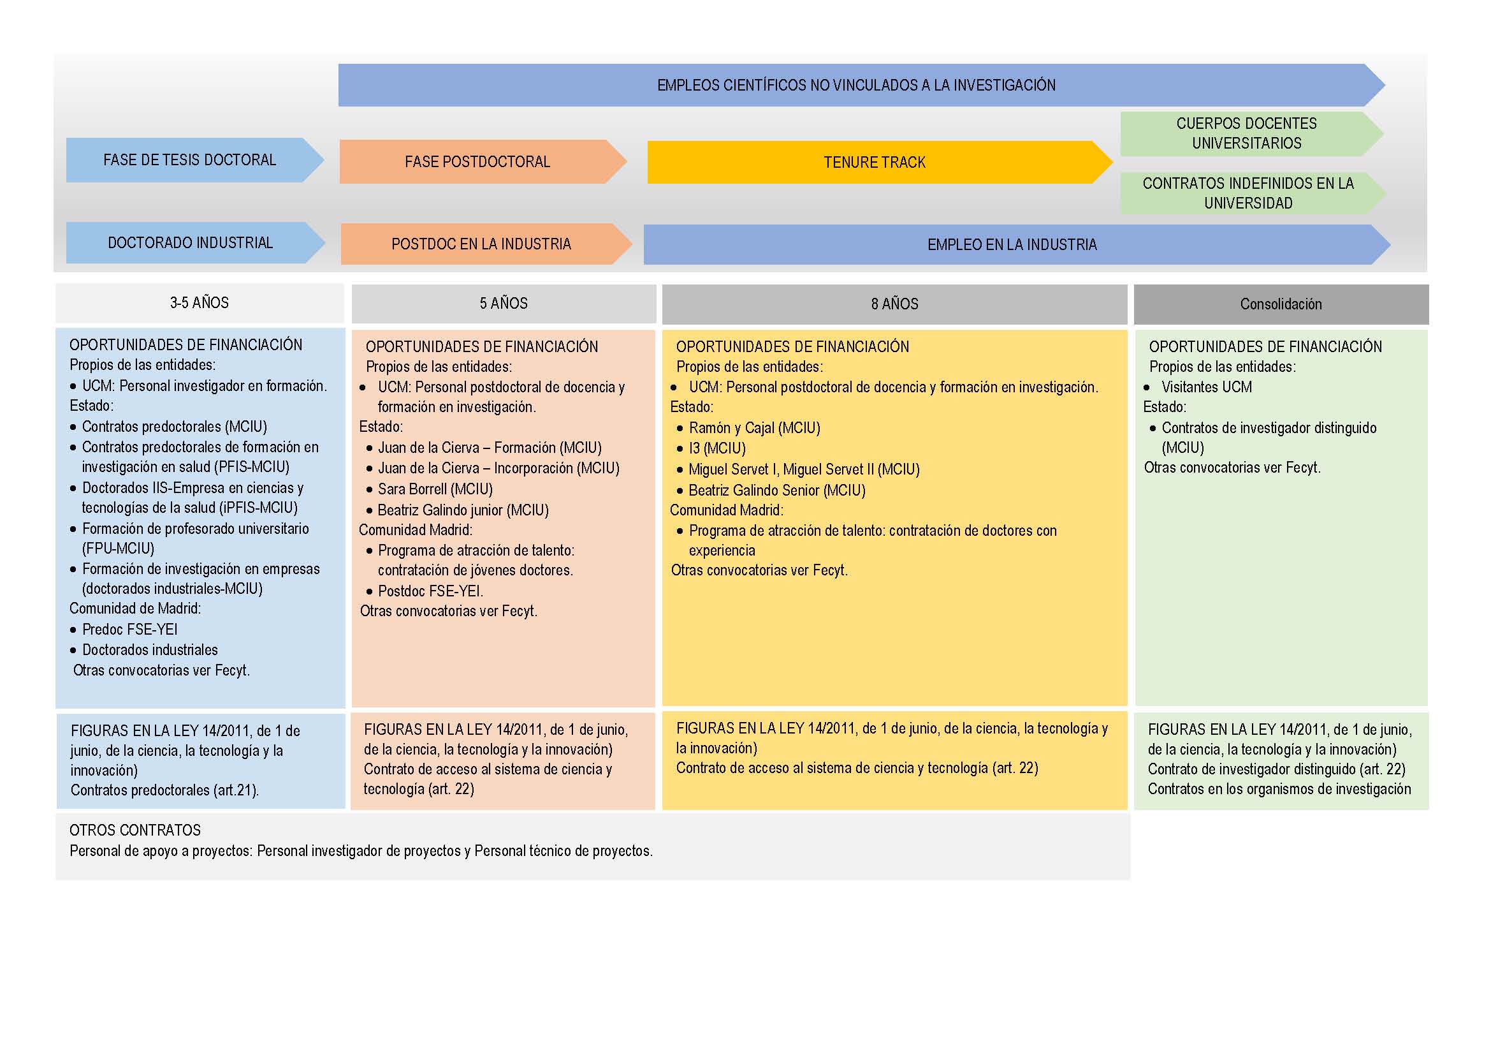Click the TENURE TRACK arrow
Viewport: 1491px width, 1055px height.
click(880, 163)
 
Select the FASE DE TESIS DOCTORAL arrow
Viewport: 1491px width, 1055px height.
click(195, 160)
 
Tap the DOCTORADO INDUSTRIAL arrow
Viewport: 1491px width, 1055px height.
click(196, 243)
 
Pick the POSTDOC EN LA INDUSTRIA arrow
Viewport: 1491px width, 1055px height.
click(486, 244)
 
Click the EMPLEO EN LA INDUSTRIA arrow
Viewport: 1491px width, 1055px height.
click(1017, 245)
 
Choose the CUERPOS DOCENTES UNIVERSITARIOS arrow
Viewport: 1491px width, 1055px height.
click(1251, 134)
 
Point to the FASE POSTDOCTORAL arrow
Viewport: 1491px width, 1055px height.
click(483, 162)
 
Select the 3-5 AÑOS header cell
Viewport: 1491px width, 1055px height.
click(200, 303)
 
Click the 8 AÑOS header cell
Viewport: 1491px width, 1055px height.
click(894, 304)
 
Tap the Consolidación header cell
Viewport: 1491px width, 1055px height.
click(1281, 304)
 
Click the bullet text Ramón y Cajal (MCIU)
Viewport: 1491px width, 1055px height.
click(755, 428)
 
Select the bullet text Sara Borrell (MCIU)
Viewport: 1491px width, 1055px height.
click(435, 489)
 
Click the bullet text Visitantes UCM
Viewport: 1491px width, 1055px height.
click(1207, 387)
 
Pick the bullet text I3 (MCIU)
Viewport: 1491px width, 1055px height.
click(717, 448)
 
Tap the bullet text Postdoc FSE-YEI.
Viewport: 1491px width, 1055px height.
click(430, 591)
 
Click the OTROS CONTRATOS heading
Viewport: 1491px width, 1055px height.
click(135, 830)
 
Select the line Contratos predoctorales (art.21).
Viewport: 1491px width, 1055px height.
click(165, 790)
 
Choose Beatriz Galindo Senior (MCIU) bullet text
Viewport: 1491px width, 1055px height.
click(777, 491)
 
